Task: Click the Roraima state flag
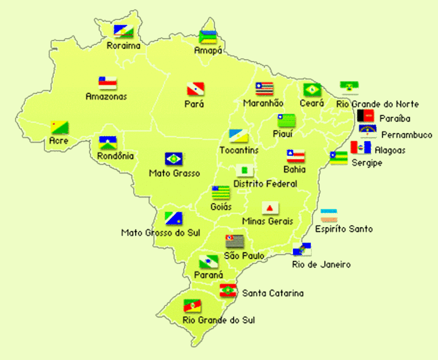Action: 123,32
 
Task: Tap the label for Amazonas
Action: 106,96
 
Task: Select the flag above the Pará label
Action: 195,89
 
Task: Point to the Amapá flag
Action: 208,37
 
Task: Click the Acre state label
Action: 59,141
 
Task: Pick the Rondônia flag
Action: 107,143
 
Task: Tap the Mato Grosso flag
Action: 173,159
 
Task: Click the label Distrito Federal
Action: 265,184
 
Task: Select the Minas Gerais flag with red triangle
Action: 270,208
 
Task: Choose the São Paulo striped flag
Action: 235,241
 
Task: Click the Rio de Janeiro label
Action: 321,265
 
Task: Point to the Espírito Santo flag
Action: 328,215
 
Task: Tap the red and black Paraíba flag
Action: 365,116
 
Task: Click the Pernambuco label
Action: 406,134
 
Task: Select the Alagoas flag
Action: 360,148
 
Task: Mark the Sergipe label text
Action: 367,163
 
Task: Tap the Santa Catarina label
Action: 273,293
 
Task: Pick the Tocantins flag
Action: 238,136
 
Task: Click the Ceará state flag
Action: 312,90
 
